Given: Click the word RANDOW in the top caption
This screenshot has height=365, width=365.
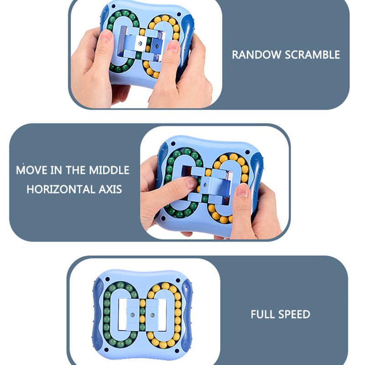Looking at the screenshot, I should [256, 55].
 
